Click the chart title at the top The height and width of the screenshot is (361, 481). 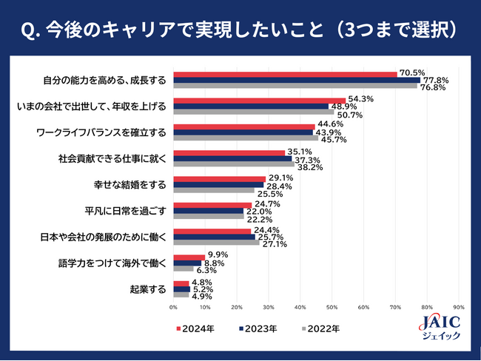point(240,30)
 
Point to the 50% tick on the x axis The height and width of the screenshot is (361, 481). point(332,307)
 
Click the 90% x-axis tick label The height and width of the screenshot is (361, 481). point(458,307)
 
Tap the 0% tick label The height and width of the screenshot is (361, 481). point(173,307)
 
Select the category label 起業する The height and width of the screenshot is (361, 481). point(150,289)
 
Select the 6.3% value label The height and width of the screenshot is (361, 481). point(206,270)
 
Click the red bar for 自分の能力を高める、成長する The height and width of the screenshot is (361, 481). point(285,74)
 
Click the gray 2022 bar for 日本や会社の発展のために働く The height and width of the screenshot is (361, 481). point(216,243)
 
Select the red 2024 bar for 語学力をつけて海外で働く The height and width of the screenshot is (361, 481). point(189,257)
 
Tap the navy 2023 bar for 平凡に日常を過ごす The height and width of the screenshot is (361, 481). point(208,211)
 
